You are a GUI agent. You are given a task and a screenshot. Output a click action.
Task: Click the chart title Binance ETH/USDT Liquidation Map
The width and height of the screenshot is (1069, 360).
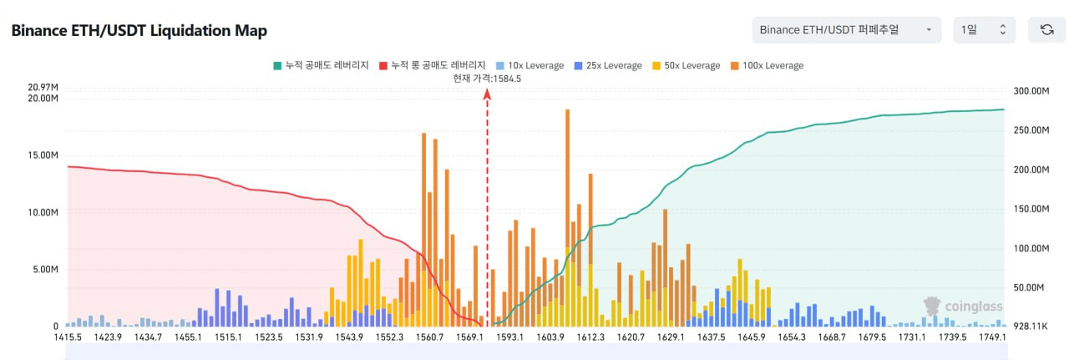click(139, 31)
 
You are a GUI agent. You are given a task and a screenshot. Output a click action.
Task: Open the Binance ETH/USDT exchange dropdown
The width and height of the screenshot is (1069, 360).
click(846, 30)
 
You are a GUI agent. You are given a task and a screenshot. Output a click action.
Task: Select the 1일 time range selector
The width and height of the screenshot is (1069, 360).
click(984, 30)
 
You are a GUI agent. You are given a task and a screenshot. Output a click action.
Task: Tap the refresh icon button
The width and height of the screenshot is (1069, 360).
click(1046, 30)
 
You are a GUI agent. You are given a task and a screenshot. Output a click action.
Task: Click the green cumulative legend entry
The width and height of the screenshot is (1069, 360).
click(321, 65)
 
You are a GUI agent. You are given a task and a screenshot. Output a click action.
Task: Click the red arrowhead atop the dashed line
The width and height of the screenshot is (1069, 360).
click(487, 94)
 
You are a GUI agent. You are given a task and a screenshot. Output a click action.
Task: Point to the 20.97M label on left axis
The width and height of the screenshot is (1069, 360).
click(43, 88)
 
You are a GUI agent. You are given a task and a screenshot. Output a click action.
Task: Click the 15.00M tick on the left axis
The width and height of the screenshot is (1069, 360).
click(43, 155)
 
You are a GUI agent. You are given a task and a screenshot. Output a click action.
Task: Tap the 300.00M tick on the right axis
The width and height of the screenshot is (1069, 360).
click(1029, 92)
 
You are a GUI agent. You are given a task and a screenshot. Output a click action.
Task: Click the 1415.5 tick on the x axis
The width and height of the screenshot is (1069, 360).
click(67, 337)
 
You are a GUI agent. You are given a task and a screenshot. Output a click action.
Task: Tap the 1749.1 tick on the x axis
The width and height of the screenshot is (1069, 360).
click(991, 337)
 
